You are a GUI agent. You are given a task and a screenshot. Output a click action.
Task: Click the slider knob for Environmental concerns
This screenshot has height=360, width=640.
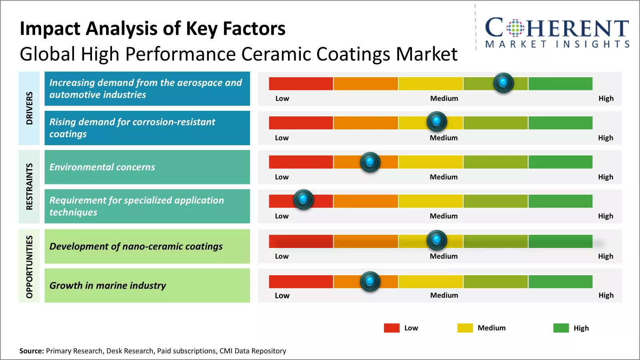pos(370,162)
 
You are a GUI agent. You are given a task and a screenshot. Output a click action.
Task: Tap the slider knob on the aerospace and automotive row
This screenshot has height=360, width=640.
pos(503,83)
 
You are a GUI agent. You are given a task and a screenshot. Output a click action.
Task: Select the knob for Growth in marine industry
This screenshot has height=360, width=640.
pos(370,281)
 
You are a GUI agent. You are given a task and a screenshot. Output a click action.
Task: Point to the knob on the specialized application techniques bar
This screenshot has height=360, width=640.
pos(303,199)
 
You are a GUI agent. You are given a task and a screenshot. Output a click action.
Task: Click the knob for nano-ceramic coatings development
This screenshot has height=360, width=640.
pos(436,240)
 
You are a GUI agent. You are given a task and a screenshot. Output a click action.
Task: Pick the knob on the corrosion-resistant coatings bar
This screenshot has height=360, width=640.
pos(436,121)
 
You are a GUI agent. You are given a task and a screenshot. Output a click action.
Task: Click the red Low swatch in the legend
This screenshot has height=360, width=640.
pos(392,328)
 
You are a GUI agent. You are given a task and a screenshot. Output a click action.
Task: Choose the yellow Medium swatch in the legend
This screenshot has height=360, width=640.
pos(465,328)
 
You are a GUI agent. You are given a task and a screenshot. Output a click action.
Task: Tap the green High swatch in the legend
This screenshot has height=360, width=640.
pos(561,328)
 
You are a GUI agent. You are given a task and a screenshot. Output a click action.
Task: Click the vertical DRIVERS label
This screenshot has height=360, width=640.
pos(29,108)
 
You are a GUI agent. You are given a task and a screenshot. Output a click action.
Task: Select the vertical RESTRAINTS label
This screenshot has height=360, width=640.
pos(29,186)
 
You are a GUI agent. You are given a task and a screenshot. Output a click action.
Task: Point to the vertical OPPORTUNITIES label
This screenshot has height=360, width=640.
pos(29,266)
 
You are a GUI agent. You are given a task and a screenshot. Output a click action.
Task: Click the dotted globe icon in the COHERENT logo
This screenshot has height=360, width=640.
pos(515,28)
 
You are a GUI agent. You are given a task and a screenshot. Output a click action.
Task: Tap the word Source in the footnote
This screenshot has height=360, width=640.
pos(31,351)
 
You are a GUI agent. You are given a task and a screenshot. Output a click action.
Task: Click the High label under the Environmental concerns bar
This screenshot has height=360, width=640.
pos(605,177)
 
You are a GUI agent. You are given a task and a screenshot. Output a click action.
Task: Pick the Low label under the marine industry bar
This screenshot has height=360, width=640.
pos(282,296)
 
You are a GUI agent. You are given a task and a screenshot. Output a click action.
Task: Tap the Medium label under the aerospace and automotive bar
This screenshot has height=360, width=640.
pos(444,98)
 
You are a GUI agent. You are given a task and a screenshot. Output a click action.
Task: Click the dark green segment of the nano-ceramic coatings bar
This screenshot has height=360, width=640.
pos(560,241)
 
